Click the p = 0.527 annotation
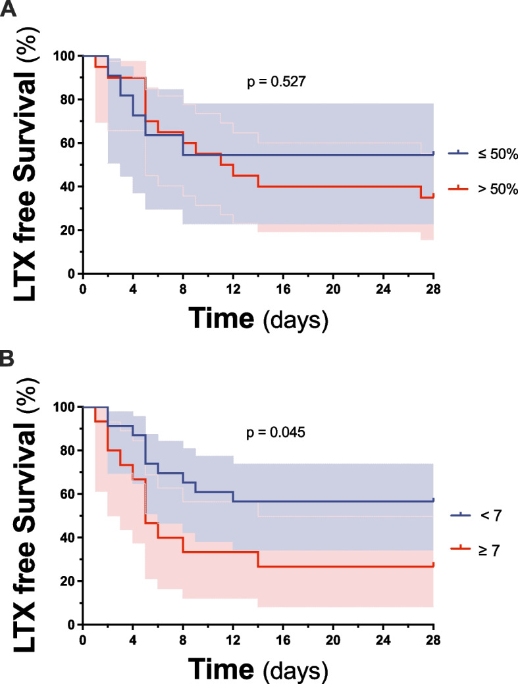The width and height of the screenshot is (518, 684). (276, 82)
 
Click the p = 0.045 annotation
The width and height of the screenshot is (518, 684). (276, 433)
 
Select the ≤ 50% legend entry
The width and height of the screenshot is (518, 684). (483, 153)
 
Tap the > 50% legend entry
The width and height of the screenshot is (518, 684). (483, 189)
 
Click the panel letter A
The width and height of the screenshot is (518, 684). (8, 9)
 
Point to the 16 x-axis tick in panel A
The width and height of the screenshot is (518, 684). (283, 289)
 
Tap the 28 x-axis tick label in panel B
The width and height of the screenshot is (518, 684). (433, 640)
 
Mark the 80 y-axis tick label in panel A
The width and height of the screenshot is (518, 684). (68, 99)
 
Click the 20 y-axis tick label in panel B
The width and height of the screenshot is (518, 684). (68, 581)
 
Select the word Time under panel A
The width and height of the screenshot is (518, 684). (222, 318)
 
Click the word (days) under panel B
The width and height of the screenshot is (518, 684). (296, 671)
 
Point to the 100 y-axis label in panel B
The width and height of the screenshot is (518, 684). (64, 407)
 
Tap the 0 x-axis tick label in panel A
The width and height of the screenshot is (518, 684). (83, 289)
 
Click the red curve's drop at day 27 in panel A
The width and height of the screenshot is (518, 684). (421, 192)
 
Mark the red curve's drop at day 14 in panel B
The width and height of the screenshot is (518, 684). (259, 559)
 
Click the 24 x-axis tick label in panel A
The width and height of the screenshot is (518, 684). (383, 289)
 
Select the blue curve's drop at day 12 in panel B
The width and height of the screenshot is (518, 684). (234, 497)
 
